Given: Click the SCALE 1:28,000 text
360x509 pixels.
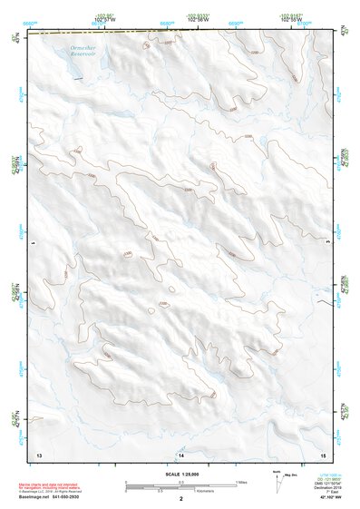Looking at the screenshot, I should pos(180,474).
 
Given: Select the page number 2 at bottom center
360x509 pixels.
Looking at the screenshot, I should pos(181,499).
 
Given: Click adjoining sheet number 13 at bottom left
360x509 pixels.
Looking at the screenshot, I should pos(38,453).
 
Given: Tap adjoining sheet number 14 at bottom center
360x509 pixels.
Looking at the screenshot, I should pos(180,453).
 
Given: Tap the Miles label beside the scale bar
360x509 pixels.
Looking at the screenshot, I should pos(241,482).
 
